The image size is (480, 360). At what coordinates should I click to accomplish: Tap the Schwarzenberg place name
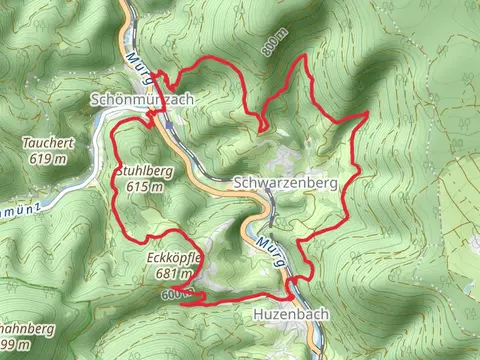click(x=285, y=184)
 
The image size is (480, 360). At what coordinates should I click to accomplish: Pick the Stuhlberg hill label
click(x=143, y=171)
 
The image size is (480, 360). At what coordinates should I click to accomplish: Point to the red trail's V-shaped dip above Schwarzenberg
click(x=262, y=128)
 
